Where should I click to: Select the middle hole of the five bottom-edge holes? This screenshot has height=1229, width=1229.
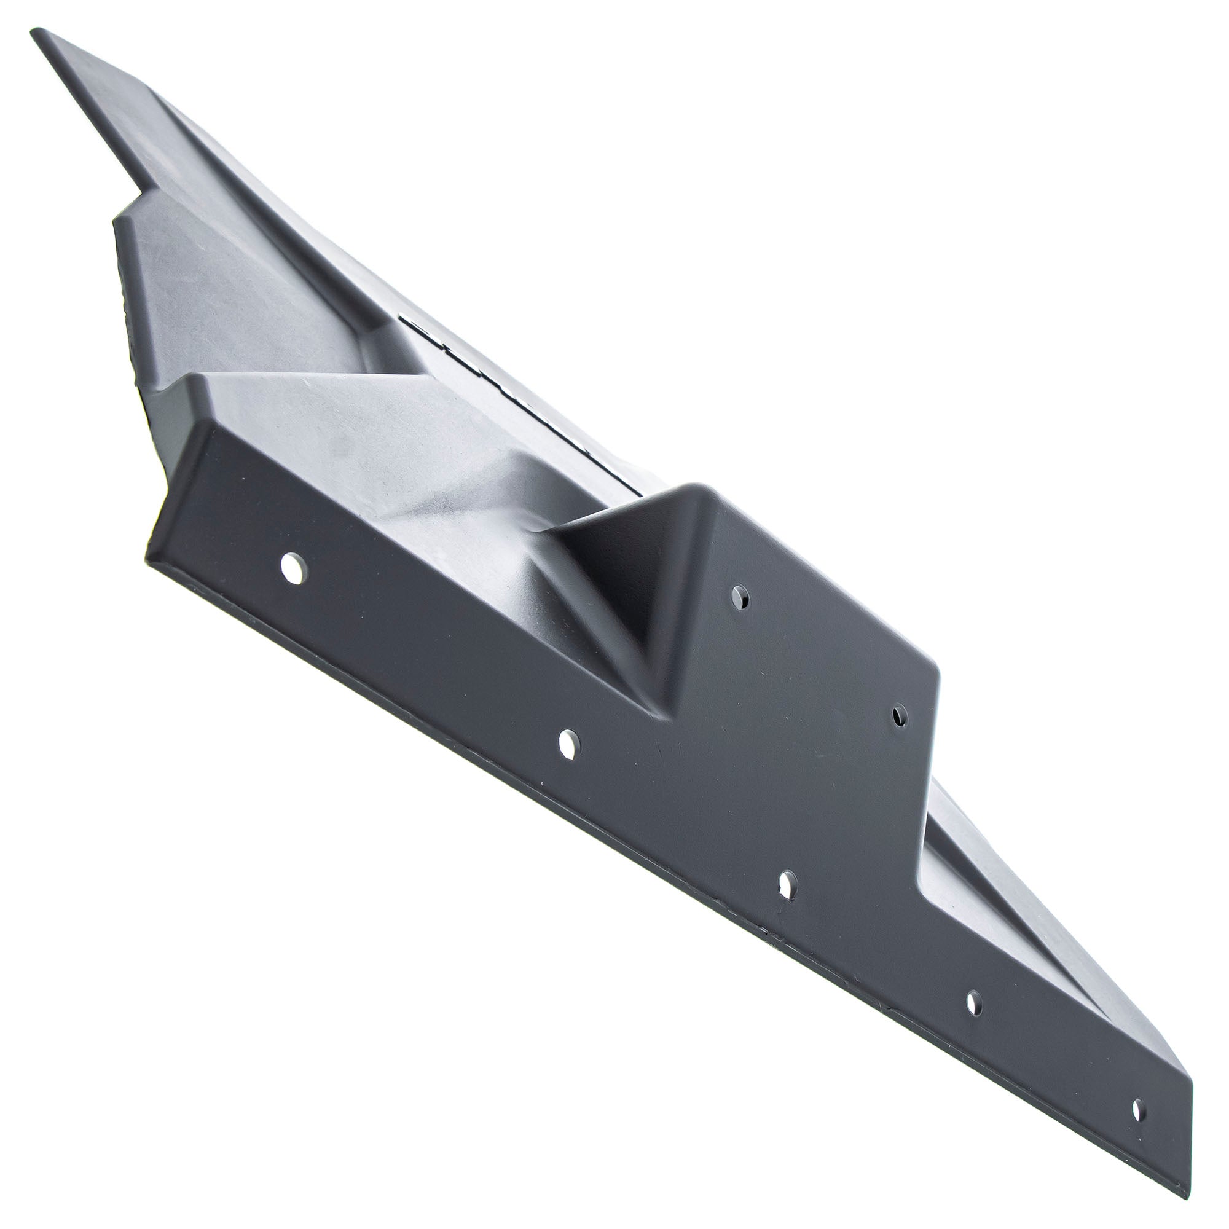pyautogui.click(x=788, y=884)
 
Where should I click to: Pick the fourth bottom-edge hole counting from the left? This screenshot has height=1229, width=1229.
pyautogui.click(x=974, y=1004)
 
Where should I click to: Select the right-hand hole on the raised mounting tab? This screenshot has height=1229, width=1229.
pyautogui.click(x=900, y=717)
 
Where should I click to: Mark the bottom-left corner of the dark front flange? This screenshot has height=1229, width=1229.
pyautogui.click(x=147, y=560)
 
